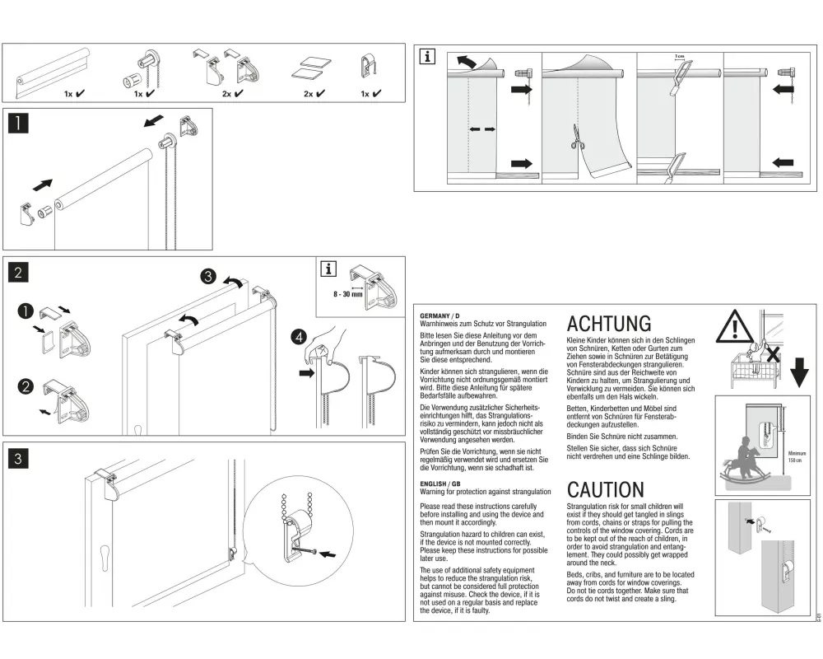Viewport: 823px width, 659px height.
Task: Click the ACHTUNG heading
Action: coord(609,323)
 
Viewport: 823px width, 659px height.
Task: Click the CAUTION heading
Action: coord(606,490)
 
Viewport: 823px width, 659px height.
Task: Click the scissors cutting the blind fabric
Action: coord(574,138)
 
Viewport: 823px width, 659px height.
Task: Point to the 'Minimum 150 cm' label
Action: coord(797,456)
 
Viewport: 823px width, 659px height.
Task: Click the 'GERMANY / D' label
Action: coord(440,316)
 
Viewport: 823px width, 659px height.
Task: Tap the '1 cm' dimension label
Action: coord(679,56)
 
